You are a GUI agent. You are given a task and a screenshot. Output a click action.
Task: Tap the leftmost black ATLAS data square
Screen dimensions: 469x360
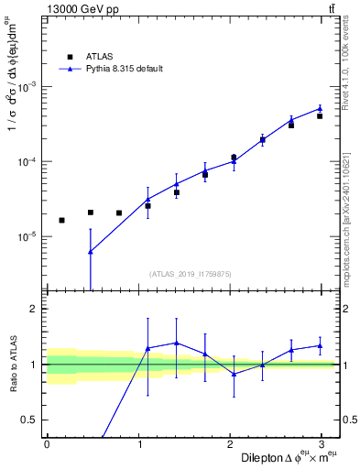[x=61, y=220]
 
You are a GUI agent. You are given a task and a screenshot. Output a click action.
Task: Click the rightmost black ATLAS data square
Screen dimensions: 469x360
[x=320, y=116]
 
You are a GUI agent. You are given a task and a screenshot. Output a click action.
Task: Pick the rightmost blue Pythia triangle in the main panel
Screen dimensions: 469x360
[x=320, y=108]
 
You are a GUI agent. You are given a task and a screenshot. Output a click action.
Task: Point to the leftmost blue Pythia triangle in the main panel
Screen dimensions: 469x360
[x=90, y=252]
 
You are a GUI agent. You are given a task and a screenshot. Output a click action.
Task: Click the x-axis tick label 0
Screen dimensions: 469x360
[x=47, y=444]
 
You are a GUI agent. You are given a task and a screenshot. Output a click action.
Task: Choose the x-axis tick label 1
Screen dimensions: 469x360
[x=140, y=444]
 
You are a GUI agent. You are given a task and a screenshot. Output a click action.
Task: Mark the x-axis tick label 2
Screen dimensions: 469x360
[x=234, y=444]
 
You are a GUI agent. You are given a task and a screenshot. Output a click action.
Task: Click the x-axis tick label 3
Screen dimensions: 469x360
[x=327, y=444]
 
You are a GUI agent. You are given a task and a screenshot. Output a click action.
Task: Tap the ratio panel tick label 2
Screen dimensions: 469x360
[x=35, y=309]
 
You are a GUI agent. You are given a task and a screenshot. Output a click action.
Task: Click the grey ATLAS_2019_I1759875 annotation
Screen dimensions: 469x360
[x=191, y=273]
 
